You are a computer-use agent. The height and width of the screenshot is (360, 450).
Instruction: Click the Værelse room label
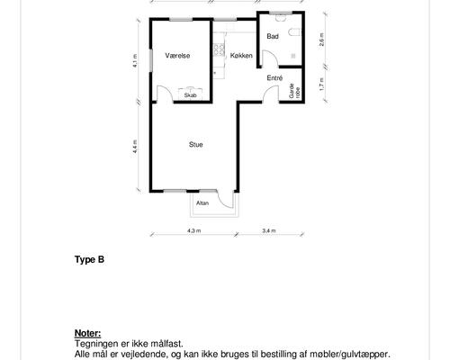coord(177,56)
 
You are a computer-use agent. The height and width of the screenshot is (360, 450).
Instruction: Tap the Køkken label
coord(241,56)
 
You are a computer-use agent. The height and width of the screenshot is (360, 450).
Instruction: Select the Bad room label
coord(273,36)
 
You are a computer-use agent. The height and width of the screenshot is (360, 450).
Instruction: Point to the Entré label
coord(274,78)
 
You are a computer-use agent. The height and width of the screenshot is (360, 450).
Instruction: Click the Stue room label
coord(196,145)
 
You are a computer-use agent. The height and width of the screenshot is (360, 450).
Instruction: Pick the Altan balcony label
coord(202,203)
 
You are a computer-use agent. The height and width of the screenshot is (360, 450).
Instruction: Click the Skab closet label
coord(191,95)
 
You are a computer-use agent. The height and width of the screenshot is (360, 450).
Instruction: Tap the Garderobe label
coord(294,90)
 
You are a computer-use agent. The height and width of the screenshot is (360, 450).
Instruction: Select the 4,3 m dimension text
coord(194,230)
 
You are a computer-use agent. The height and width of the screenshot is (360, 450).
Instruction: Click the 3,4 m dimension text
coord(269,230)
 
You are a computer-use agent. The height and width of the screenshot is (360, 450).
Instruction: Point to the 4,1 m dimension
coord(135,60)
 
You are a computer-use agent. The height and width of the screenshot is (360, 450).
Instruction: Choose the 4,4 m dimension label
coord(135,147)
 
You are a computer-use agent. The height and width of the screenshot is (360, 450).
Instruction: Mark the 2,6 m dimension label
coord(321,39)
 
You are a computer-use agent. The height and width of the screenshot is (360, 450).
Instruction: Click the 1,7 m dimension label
coord(321,85)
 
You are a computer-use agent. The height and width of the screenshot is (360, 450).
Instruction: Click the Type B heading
coord(89,259)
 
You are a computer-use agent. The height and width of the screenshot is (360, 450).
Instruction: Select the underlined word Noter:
coord(87,333)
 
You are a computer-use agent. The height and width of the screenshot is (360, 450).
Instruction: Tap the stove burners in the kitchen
coord(219,49)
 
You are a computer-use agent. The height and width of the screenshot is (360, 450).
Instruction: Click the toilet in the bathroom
coord(294,32)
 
